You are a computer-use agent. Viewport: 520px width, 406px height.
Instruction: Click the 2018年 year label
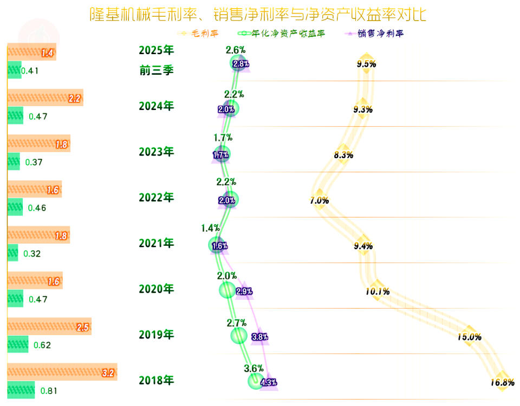(x=157, y=381)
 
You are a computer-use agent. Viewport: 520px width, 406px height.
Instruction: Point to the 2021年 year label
(x=157, y=244)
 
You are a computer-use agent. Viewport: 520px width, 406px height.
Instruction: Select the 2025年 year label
(x=157, y=51)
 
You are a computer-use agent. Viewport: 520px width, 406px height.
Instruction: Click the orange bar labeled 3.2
(x=62, y=372)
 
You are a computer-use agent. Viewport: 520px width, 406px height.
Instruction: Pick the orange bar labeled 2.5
(x=49, y=327)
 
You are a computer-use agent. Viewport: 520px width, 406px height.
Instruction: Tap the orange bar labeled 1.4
(x=31, y=53)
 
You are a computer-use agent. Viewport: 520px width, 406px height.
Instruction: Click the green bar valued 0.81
(x=21, y=390)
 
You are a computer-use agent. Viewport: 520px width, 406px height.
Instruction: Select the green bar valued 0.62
(x=17, y=344)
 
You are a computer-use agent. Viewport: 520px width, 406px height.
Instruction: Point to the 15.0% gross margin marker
(x=469, y=336)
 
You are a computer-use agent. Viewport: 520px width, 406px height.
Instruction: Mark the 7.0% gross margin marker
(x=319, y=199)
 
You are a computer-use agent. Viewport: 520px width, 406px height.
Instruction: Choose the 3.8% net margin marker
(x=260, y=336)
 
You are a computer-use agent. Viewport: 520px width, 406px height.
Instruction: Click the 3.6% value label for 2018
(x=253, y=369)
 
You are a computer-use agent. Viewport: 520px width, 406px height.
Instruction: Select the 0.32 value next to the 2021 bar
(x=32, y=253)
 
